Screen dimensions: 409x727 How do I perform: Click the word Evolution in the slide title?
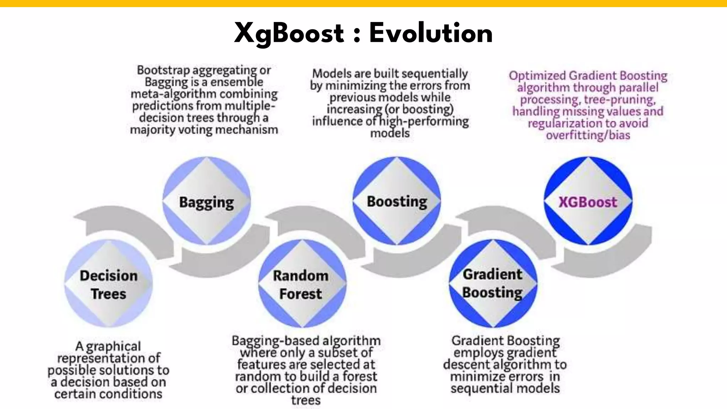point(431,33)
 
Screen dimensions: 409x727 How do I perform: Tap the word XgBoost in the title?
point(289,34)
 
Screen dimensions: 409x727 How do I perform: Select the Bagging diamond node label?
point(206,202)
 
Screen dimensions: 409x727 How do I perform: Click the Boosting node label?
point(397,202)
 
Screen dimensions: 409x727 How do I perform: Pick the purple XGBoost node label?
point(588,202)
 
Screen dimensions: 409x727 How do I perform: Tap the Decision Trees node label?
point(109,285)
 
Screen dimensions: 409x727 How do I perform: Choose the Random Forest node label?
point(301,285)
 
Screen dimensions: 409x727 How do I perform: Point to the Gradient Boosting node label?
point(493,283)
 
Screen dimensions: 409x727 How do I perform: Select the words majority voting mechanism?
point(204,130)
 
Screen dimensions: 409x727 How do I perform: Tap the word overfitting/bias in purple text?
point(588,135)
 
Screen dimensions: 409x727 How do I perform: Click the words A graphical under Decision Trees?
point(108,346)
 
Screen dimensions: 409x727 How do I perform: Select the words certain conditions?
point(108,394)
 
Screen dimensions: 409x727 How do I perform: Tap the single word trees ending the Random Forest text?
point(306,400)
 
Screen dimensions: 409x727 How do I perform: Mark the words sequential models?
point(505,388)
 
